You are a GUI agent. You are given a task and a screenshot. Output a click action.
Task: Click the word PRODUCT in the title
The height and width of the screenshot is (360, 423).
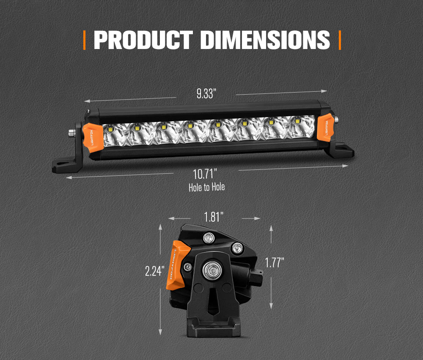click(x=143, y=40)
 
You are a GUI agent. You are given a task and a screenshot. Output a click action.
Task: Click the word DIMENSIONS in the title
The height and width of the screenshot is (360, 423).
click(x=265, y=40)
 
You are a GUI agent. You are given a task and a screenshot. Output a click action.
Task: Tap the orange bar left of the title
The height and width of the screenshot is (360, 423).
click(x=85, y=40)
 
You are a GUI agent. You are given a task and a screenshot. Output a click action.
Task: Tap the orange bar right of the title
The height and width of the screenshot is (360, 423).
click(x=340, y=40)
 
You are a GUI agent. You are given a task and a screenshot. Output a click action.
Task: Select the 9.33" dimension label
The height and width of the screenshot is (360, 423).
click(x=206, y=93)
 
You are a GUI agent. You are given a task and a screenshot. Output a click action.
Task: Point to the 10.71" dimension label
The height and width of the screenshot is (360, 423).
click(x=205, y=174)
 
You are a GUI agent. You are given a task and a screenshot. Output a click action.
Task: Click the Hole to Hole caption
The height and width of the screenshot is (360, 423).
click(x=207, y=187)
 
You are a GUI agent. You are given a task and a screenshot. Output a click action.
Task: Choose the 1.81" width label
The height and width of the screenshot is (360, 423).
click(x=214, y=217)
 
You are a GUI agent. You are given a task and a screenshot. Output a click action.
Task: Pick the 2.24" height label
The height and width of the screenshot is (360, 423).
click(x=155, y=271)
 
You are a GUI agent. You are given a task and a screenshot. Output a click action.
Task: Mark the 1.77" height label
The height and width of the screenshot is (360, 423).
click(x=275, y=262)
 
